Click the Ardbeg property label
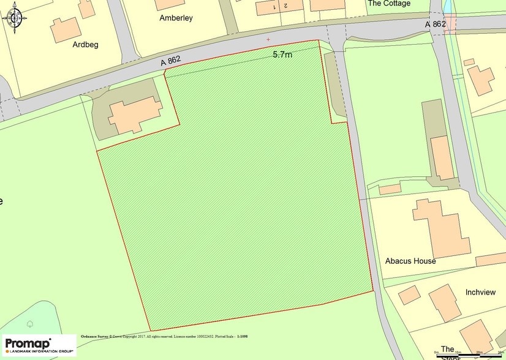pos(85,45)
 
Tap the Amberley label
pos(176,18)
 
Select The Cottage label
pos(388,4)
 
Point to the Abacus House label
pos(410,261)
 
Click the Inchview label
pos(480,292)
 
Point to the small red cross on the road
pos(268,40)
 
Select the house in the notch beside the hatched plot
pos(135,114)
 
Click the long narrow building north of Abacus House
pos(442,158)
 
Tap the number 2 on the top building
pos(285,5)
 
